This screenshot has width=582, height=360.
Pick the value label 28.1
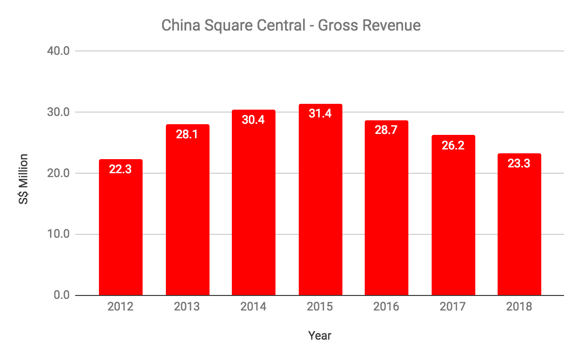pyautogui.click(x=187, y=134)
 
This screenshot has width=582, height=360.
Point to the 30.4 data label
pyautogui.click(x=254, y=120)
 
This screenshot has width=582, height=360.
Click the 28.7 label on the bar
pyautogui.click(x=387, y=131)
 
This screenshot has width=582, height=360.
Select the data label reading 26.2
pyautogui.click(x=453, y=145)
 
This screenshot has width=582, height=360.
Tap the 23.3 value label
pyautogui.click(x=519, y=164)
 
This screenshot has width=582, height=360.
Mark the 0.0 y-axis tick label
pyautogui.click(x=62, y=295)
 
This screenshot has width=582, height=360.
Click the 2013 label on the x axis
pyautogui.click(x=187, y=307)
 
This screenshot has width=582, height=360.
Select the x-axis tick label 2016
pyautogui.click(x=387, y=307)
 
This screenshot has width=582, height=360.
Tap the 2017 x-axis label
pyautogui.click(x=453, y=307)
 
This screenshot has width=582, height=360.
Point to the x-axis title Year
pyautogui.click(x=320, y=336)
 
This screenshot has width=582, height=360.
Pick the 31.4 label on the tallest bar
pyautogui.click(x=320, y=115)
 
